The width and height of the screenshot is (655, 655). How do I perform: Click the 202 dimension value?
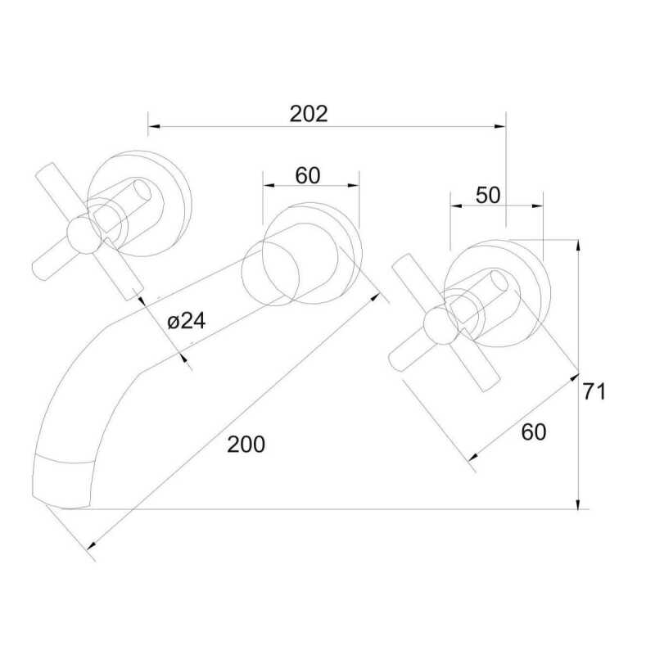coord(309,114)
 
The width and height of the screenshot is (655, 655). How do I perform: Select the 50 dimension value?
coord(487,195)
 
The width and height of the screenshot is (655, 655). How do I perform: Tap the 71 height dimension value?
coord(594,392)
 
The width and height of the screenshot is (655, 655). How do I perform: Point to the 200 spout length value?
coord(246,444)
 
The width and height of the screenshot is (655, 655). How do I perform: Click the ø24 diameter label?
coord(187,321)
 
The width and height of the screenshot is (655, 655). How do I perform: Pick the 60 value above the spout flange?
coord(308,175)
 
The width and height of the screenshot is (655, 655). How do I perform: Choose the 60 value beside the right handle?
coord(534,432)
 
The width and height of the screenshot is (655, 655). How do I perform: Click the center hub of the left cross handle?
coord(84,236)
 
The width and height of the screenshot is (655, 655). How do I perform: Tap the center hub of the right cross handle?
coord(440,325)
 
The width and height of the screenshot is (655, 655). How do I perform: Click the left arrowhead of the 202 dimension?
coord(153,126)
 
